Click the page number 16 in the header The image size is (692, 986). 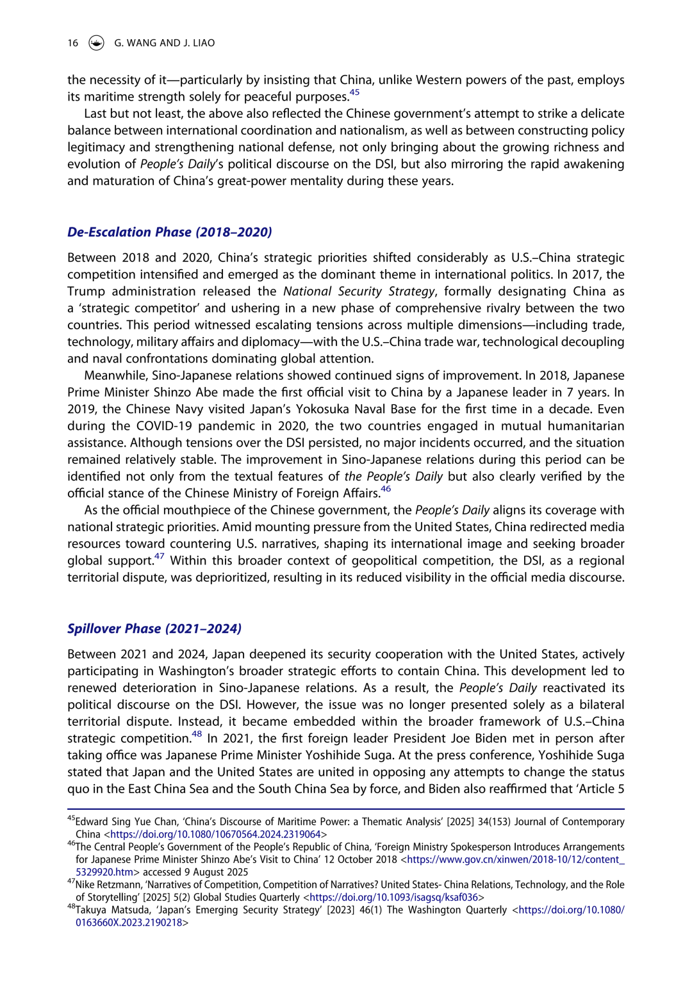pyautogui.click(x=73, y=43)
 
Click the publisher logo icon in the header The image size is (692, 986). pyautogui.click(x=96, y=43)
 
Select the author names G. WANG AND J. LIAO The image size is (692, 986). pyautogui.click(x=165, y=43)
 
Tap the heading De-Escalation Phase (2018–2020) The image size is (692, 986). pyautogui.click(x=170, y=232)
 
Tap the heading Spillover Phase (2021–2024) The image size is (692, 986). pyautogui.click(x=154, y=629)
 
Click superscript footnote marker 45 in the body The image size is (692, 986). pyautogui.click(x=354, y=93)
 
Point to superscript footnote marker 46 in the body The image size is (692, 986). pyautogui.click(x=386, y=489)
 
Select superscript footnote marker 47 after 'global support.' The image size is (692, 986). pyautogui.click(x=159, y=557)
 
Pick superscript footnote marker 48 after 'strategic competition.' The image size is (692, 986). pyautogui.click(x=197, y=734)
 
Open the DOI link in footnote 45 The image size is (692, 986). pyautogui.click(x=215, y=835)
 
